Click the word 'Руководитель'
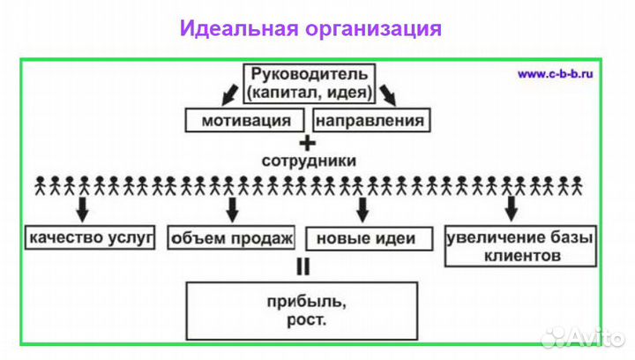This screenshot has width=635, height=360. [x=308, y=73]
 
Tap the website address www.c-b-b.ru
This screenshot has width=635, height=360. [x=556, y=74]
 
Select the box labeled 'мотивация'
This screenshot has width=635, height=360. [x=246, y=119]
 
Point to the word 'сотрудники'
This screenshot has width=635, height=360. [x=309, y=161]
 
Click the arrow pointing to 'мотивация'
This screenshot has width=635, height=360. [x=229, y=92]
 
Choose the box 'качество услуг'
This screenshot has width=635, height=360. [x=91, y=237]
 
